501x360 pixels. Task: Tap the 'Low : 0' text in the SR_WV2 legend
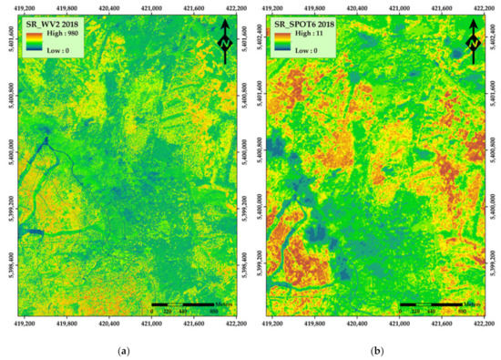pyautogui.click(x=56, y=51)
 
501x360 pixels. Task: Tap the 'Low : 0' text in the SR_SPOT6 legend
pyautogui.click(x=307, y=51)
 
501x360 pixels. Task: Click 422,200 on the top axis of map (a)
pyautogui.click(x=236, y=6)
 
